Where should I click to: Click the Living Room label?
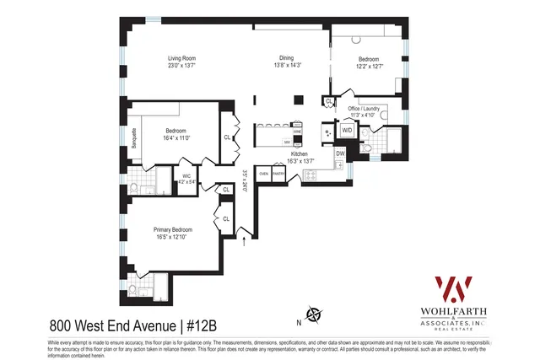pyautogui.click(x=181, y=58)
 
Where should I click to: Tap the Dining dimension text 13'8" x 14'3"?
pyautogui.click(x=286, y=66)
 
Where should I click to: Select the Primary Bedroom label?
pyautogui.click(x=173, y=230)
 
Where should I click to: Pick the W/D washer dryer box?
pyautogui.click(x=347, y=131)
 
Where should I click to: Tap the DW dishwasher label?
pyautogui.click(x=340, y=153)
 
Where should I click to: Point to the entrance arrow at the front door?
pyautogui.click(x=245, y=243)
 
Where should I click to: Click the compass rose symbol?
pyautogui.click(x=314, y=315)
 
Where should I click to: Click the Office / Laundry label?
pyautogui.click(x=369, y=109)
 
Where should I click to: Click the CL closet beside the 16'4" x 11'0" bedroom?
pyautogui.click(x=227, y=137)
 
